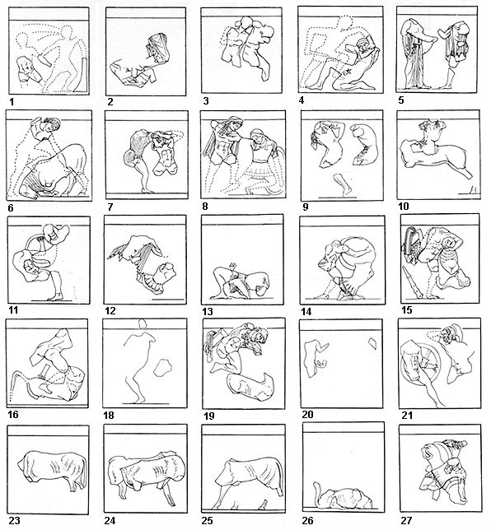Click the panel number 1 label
(11, 103)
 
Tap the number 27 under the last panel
(404, 520)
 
